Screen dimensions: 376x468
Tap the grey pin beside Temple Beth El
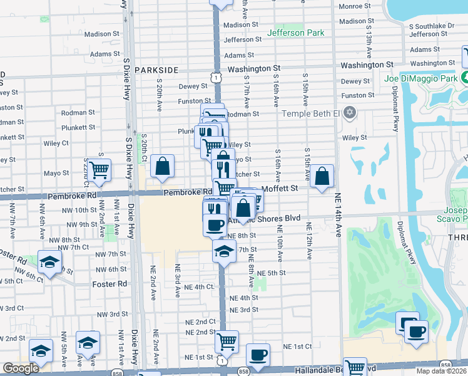coord(350,113)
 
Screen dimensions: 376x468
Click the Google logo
coord(20,368)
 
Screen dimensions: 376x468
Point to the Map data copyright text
coord(441,371)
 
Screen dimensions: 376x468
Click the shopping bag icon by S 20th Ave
coord(162,167)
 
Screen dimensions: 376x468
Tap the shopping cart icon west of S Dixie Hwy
coord(99,169)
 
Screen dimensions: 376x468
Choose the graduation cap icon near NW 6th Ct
coord(49,263)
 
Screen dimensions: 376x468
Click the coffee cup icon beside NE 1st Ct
coord(258,355)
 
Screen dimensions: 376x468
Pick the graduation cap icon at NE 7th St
coord(223,252)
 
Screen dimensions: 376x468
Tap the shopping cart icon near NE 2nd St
coord(226,342)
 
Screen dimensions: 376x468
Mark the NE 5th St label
coord(272,273)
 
